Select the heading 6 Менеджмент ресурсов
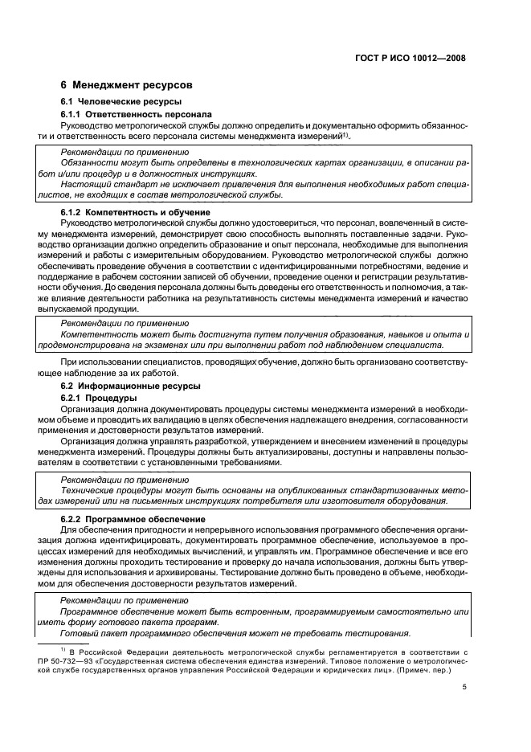coord(126,85)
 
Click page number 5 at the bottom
coord(464,686)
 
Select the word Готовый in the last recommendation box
coord(79,631)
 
